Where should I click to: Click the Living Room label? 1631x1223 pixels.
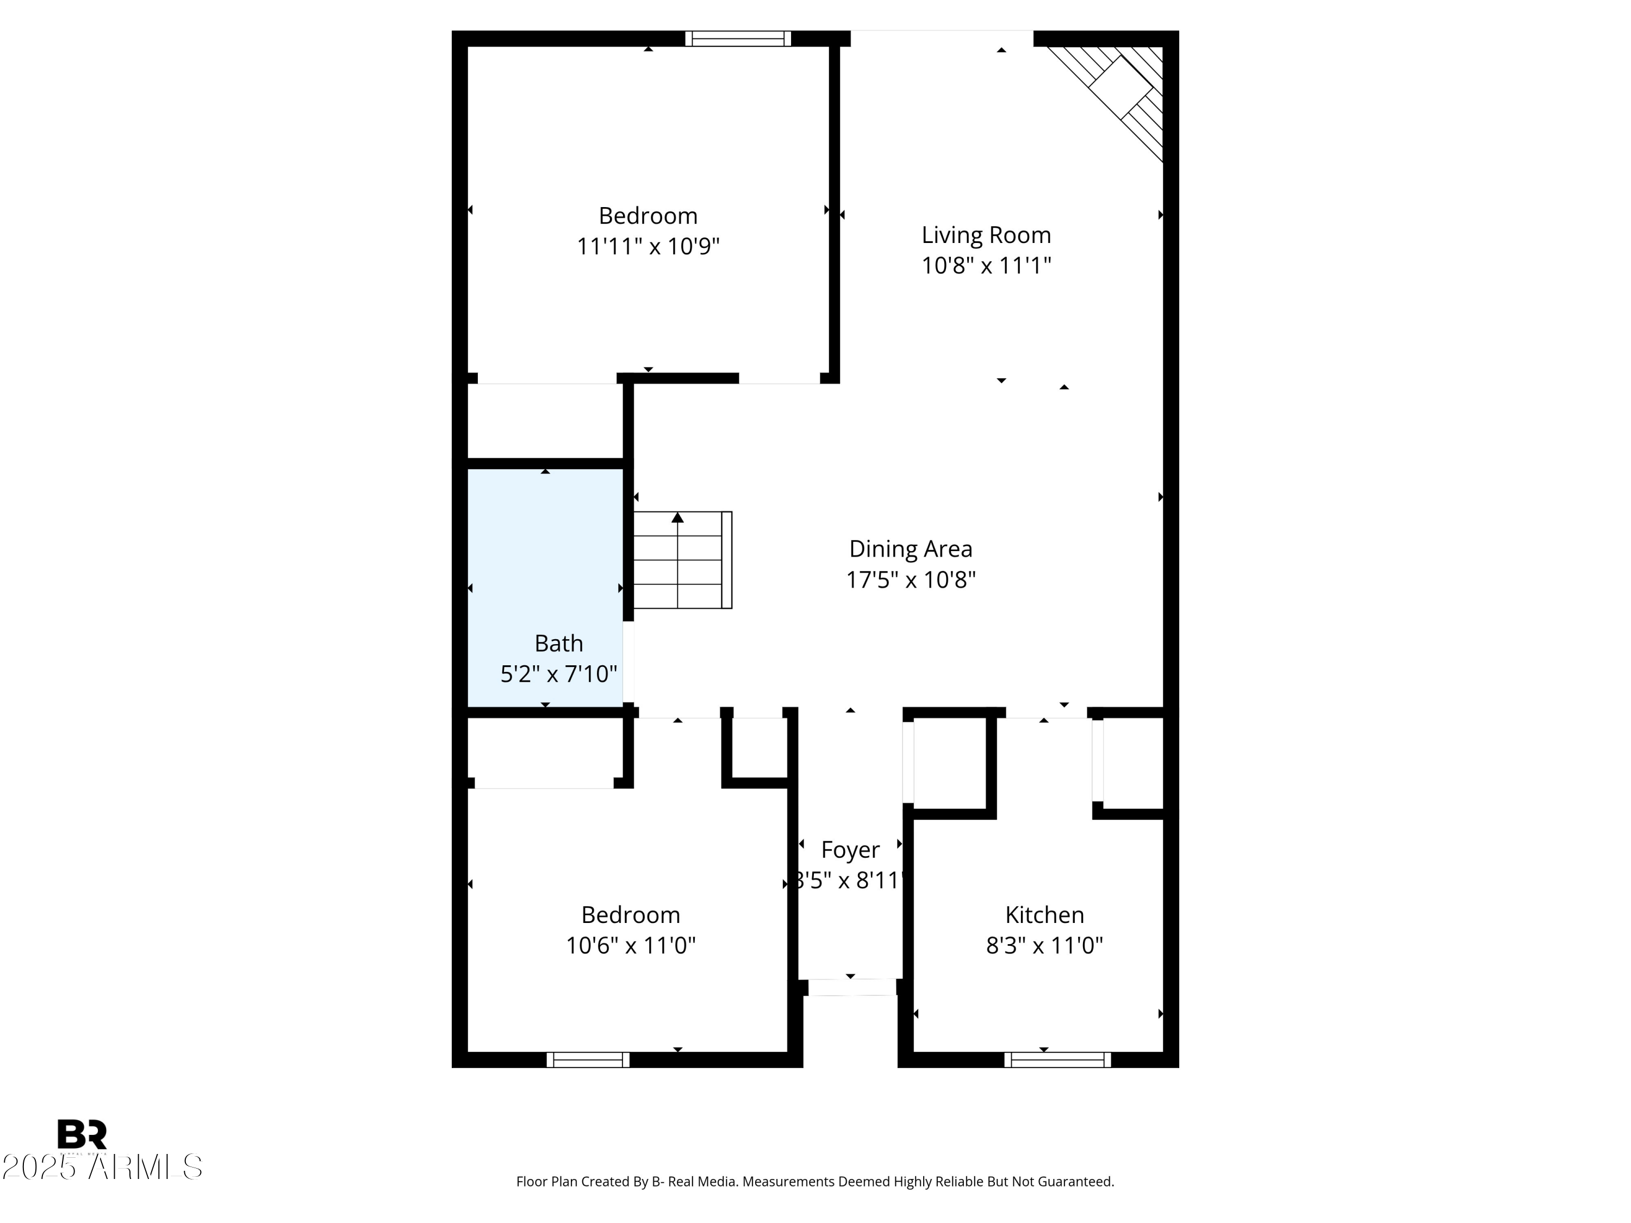click(986, 235)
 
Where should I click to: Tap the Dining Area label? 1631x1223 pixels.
click(911, 549)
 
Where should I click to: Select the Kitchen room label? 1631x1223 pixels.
click(1044, 915)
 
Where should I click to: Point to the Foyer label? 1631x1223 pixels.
click(850, 850)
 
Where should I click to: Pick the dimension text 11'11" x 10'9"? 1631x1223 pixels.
click(648, 246)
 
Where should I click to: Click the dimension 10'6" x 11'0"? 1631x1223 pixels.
click(631, 945)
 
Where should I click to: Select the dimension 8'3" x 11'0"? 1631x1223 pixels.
click(1044, 945)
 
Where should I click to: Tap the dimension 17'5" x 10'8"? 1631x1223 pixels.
click(911, 580)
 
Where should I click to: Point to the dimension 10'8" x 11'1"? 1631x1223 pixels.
click(986, 265)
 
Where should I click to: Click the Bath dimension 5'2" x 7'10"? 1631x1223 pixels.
click(558, 674)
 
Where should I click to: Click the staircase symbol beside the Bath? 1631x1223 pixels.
click(682, 560)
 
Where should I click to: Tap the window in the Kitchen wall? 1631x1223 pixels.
click(1057, 1060)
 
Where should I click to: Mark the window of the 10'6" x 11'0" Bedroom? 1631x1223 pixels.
click(588, 1060)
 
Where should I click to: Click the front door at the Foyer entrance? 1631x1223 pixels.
click(851, 987)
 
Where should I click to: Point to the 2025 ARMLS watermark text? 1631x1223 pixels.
click(102, 1167)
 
